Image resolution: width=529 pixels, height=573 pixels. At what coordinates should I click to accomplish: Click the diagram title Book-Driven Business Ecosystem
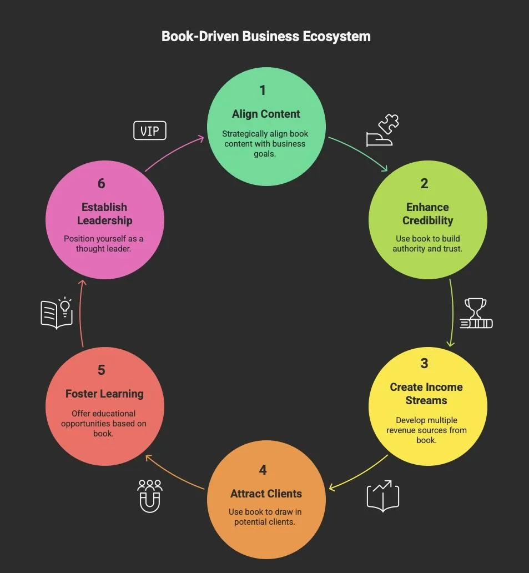pos(266,37)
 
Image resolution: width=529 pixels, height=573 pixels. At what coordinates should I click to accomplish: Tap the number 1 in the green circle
pos(263,90)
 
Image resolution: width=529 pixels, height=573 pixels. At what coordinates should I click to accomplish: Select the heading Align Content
pos(266,114)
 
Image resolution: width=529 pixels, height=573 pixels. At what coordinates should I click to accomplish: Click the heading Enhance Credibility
pos(427,214)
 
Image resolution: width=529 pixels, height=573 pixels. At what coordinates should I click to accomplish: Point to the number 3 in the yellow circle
pos(424,363)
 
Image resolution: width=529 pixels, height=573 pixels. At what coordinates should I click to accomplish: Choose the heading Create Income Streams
pos(426,394)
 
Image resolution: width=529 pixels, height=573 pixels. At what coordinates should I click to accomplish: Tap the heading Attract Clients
pos(266,494)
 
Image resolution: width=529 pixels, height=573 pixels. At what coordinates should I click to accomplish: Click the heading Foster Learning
pos(104,394)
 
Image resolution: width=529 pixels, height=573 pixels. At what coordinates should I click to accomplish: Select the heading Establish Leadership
pos(104,214)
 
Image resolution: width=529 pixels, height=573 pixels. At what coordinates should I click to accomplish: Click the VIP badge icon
pos(150,131)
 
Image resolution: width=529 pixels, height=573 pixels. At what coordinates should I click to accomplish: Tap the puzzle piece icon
pos(382,130)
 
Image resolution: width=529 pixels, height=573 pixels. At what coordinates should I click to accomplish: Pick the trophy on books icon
pos(476,314)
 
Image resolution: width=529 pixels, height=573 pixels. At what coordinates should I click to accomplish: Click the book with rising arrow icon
pos(383,495)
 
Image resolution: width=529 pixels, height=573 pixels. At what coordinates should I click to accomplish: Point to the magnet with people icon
pos(150,495)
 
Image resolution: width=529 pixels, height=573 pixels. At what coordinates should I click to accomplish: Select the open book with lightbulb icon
pos(57,313)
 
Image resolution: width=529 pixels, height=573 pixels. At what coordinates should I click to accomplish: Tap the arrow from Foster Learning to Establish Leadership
pos(80,314)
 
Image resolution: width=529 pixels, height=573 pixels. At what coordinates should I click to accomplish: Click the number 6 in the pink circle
pos(101,183)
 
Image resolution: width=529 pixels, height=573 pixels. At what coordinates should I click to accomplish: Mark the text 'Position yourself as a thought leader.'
pos(103,244)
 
